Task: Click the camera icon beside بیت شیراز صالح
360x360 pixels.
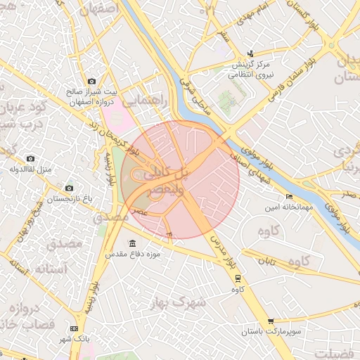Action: click(x=92, y=82)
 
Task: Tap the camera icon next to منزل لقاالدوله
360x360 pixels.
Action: click(x=30, y=159)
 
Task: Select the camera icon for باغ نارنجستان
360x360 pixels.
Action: click(x=69, y=188)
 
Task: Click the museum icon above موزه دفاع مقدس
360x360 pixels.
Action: click(x=133, y=243)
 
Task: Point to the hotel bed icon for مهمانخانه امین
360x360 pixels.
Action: click(x=289, y=197)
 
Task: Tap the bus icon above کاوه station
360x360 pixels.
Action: click(x=238, y=278)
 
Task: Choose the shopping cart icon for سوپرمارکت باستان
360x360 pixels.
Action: click(x=271, y=321)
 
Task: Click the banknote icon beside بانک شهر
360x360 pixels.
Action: click(x=75, y=328)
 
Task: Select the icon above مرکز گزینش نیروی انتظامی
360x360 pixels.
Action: click(x=251, y=54)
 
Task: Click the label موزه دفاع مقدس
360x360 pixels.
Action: click(x=141, y=253)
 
